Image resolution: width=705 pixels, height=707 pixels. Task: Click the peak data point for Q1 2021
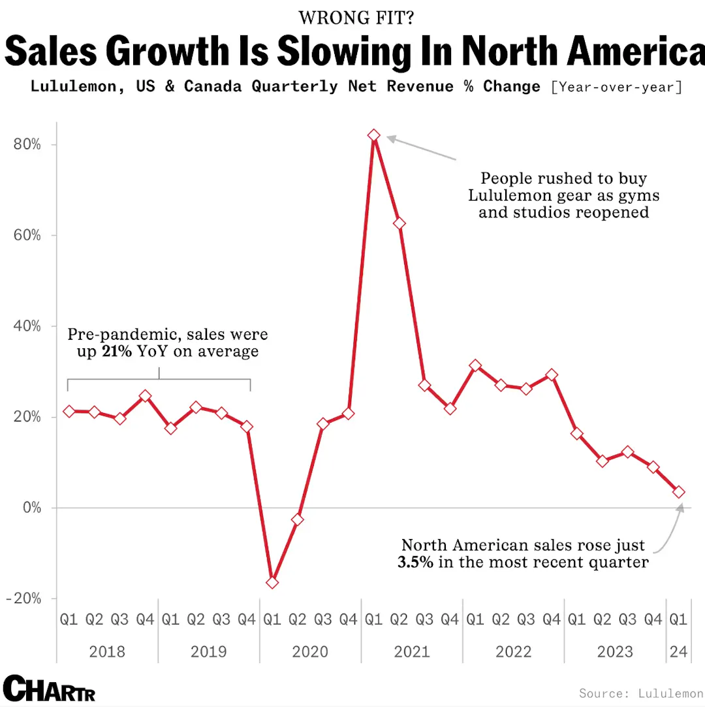point(373,135)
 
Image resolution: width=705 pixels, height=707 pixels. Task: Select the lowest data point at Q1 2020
point(272,582)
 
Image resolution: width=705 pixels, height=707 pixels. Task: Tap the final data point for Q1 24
point(679,491)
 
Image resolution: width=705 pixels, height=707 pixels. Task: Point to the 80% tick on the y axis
point(27,144)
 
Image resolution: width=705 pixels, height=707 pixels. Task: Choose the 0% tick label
point(31,508)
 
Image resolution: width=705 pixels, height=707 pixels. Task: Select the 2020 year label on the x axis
point(310,651)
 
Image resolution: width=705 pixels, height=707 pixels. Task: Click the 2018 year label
point(107,651)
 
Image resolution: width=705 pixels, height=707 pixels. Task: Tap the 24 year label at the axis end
point(679,651)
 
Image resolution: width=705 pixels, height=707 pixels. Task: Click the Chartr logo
point(49,688)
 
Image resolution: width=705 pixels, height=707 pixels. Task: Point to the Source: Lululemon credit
point(641,693)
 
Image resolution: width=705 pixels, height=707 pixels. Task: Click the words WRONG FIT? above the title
point(355,18)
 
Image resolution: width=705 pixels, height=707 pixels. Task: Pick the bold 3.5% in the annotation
point(415,562)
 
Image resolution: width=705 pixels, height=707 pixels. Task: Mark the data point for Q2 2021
point(399,223)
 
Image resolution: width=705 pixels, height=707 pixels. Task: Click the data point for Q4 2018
point(145,396)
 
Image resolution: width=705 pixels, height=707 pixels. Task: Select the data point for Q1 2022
point(475,366)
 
